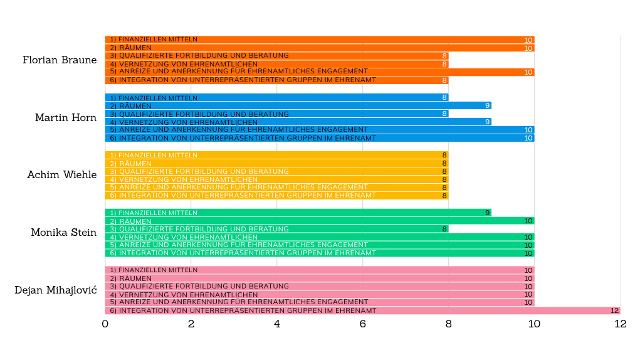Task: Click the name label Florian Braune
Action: tap(60, 60)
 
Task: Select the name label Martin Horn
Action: tap(66, 118)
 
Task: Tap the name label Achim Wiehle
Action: tap(62, 175)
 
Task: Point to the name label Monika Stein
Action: tap(64, 233)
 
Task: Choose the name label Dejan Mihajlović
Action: tap(56, 290)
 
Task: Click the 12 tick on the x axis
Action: tap(620, 324)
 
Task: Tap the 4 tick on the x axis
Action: tap(277, 324)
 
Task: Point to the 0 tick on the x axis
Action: tap(105, 324)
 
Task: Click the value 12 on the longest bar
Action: tap(614, 310)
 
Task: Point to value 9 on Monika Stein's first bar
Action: tap(487, 213)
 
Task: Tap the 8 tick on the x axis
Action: tap(449, 324)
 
